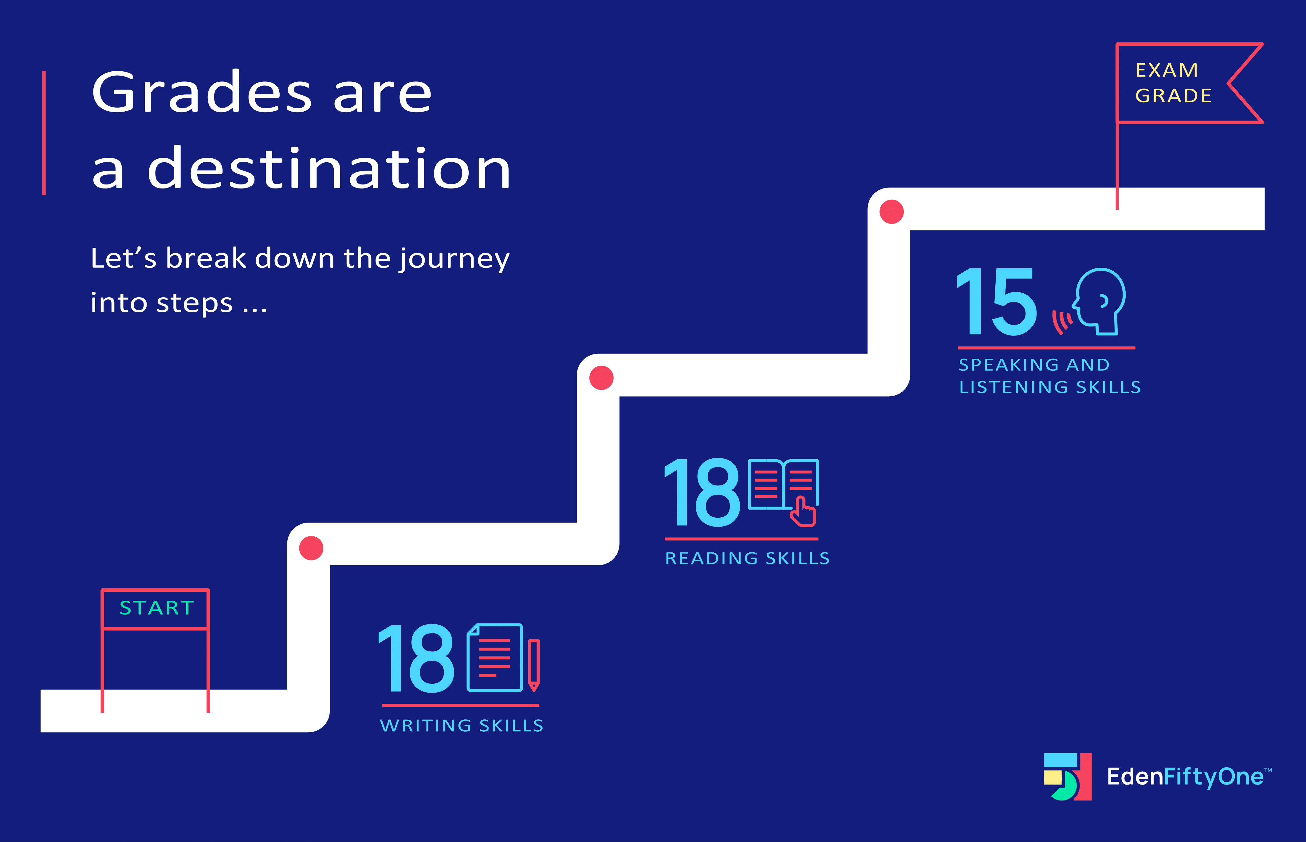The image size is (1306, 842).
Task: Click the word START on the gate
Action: click(156, 608)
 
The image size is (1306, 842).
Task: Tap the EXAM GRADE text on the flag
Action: click(1173, 83)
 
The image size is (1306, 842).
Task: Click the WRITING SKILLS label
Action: click(462, 725)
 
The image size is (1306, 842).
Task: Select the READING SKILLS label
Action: click(747, 558)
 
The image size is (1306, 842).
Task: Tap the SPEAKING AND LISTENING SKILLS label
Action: click(1050, 376)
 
